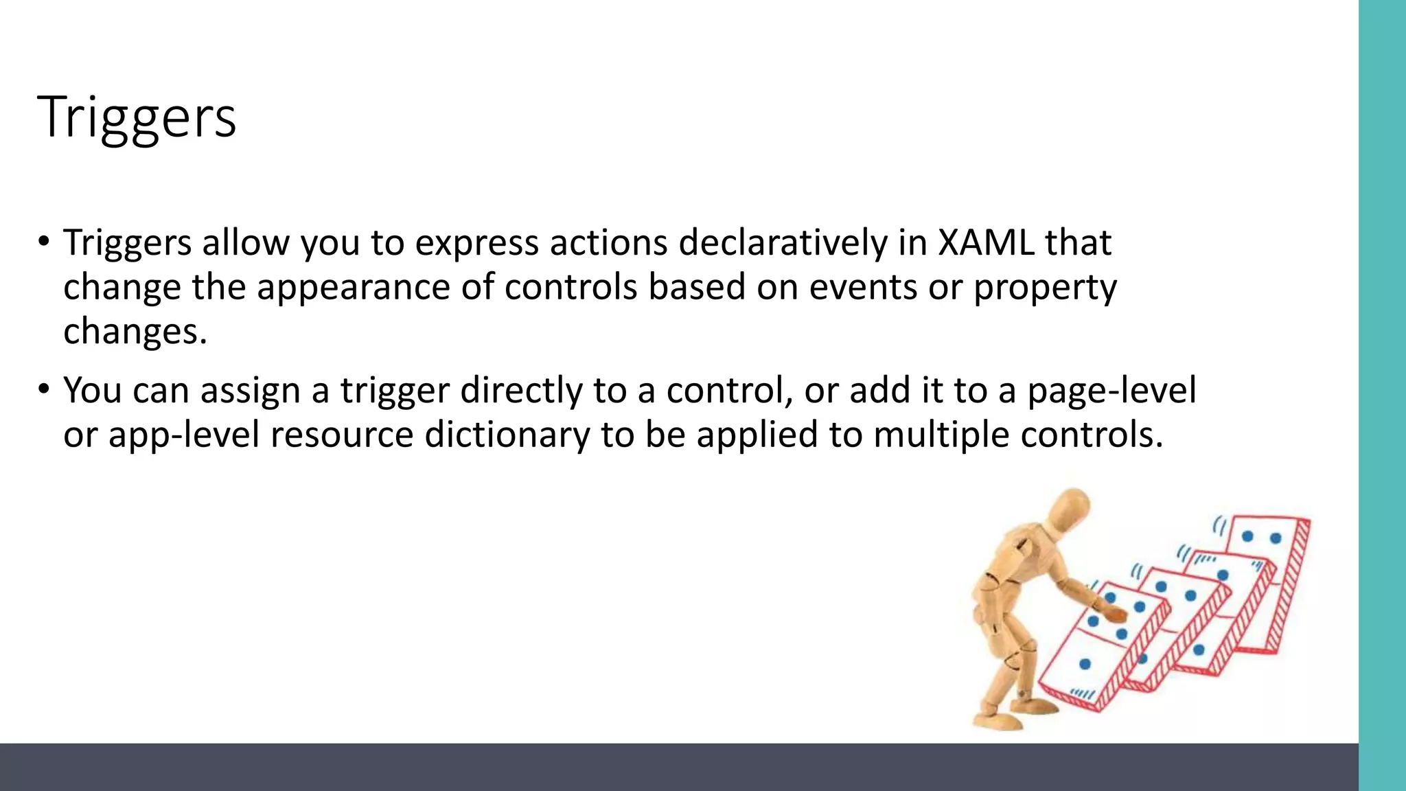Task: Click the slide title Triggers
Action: pyautogui.click(x=137, y=117)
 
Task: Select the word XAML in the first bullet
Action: pyautogui.click(x=986, y=243)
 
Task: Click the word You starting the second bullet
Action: pyautogui.click(x=92, y=391)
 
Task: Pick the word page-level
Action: pyautogui.click(x=1111, y=391)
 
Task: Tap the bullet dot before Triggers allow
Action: pyautogui.click(x=44, y=242)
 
